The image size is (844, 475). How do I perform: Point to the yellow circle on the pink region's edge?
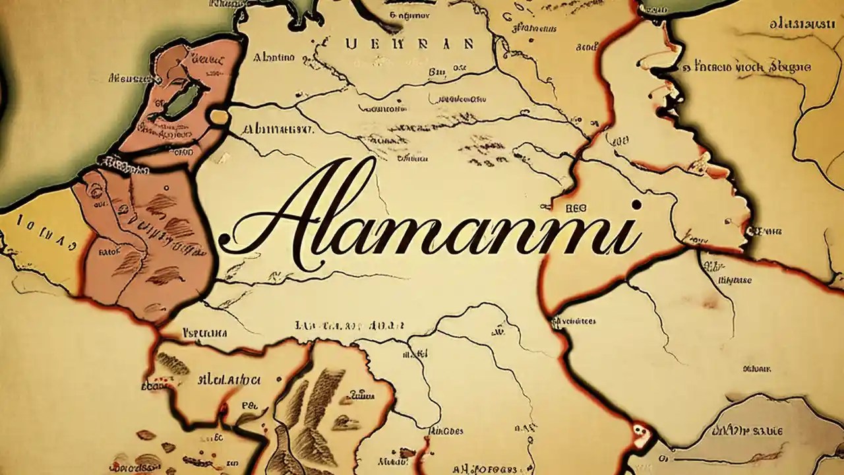coord(219,117)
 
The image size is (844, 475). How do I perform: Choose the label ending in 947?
coord(277,129)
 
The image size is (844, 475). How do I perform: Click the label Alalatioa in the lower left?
coord(229,380)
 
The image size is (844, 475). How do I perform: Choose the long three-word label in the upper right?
coord(746,67)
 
